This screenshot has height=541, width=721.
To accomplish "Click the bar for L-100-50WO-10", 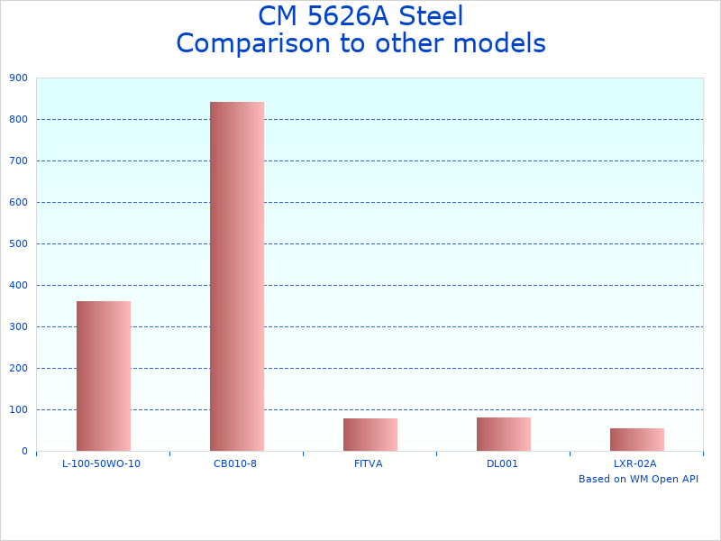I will click(104, 376).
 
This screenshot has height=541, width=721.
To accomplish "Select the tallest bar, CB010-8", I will click(237, 276).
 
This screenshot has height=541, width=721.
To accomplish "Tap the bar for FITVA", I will click(370, 435).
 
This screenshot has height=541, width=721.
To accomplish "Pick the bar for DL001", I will click(504, 434).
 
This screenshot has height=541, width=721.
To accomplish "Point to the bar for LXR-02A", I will click(637, 439).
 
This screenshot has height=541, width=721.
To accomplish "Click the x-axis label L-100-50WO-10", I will click(101, 463).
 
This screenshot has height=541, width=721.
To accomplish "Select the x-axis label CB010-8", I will click(235, 463).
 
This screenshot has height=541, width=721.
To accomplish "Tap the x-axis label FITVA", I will click(369, 463).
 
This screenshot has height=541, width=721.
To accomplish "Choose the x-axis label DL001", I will click(502, 463).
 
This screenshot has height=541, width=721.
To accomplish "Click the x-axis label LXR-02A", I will click(635, 463).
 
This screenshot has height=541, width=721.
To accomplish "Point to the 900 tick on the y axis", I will click(18, 78).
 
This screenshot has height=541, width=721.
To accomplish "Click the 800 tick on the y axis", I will click(18, 120).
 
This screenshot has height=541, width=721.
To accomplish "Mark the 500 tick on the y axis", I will click(18, 244).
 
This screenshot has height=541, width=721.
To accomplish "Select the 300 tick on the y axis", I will click(18, 327).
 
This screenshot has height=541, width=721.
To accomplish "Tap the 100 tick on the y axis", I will click(18, 410).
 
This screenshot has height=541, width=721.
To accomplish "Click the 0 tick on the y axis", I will click(24, 452).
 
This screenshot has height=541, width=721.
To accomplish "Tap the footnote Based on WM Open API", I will click(638, 479).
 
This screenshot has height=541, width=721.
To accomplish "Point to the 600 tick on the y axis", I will click(18, 203).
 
